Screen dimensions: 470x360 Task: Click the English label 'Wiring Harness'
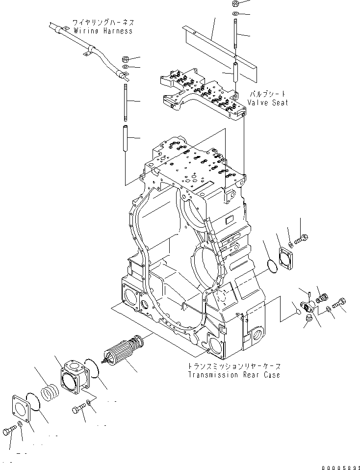(x=103, y=31)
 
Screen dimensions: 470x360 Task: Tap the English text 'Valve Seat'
(x=267, y=103)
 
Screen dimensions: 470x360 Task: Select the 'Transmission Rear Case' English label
(x=234, y=375)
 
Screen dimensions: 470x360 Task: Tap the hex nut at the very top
(x=235, y=3)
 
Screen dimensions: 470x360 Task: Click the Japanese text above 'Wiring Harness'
(x=103, y=23)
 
